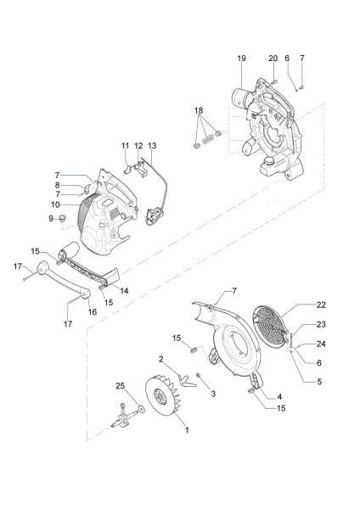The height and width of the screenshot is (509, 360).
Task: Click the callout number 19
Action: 241,59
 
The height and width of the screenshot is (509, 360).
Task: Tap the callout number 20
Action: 273,59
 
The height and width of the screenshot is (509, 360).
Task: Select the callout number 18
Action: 199,110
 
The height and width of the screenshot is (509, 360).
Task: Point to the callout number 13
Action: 152,146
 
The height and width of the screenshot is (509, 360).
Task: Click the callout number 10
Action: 55,204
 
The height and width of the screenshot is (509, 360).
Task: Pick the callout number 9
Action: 51,219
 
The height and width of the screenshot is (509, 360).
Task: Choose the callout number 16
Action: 93,311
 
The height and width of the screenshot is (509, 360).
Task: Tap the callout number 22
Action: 321,305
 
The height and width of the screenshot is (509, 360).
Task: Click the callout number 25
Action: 121,386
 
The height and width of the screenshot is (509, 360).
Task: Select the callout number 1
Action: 187,430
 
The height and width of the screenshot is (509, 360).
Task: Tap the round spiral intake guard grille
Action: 271,327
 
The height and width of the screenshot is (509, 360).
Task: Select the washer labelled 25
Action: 141,409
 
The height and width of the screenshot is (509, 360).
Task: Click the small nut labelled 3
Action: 198,376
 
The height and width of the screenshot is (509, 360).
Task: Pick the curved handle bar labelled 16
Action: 63,279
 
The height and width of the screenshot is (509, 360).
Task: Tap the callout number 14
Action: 124,291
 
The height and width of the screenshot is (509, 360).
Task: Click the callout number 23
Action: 321,324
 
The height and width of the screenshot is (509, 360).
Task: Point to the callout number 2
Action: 160,359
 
